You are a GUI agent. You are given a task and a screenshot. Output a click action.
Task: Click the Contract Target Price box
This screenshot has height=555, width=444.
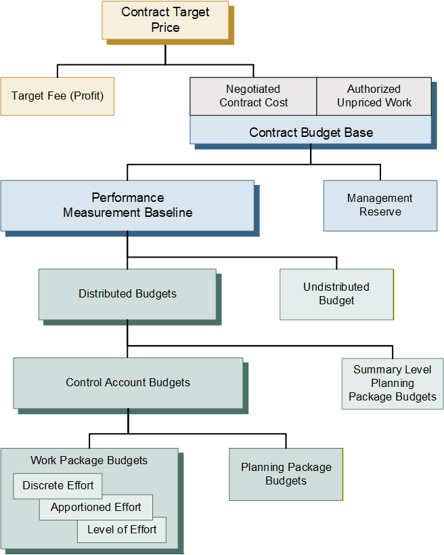tap(165, 20)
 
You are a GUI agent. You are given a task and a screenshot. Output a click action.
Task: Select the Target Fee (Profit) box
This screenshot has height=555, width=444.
tap(58, 96)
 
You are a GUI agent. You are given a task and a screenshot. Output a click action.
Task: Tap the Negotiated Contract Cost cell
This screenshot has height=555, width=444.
tap(253, 96)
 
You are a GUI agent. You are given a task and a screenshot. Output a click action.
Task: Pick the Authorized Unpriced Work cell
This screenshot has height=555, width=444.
tap(374, 96)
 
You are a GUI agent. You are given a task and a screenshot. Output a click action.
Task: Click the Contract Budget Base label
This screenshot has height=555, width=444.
tap(311, 133)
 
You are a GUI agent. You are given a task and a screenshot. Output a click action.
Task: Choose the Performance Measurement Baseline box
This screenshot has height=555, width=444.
tap(127, 205)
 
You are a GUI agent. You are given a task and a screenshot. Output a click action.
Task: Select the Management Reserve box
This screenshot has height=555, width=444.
tap(380, 205)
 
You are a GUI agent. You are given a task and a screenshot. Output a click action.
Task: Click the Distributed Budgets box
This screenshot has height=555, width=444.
tap(127, 294)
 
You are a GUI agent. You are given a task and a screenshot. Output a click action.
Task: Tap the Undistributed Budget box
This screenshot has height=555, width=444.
tap(336, 294)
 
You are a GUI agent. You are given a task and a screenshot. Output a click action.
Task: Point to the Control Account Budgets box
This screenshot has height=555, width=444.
tap(128, 382)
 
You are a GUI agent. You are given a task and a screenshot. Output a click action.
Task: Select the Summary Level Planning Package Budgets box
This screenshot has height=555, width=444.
tap(393, 384)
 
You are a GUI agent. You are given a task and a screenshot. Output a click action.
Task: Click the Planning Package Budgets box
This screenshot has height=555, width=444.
tap(286, 474)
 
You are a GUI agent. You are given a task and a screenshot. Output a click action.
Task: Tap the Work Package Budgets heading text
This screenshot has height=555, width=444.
tap(89, 461)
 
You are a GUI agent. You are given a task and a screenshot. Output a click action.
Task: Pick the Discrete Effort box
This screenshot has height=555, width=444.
tap(58, 486)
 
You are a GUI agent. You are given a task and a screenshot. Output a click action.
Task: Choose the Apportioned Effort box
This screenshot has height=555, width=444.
tap(95, 507)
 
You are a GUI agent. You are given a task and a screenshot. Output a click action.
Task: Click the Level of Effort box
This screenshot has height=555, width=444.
tap(122, 529)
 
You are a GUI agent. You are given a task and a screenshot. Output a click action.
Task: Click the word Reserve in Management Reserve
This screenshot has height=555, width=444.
tap(380, 212)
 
